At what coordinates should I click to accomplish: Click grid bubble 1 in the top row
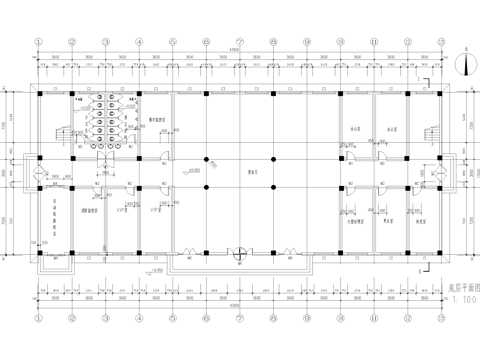(x=39, y=42)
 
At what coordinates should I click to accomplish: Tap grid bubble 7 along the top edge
(x=239, y=42)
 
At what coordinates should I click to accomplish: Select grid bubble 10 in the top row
(x=340, y=42)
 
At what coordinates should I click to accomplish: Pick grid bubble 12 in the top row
(x=407, y=42)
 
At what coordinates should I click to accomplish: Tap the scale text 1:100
(x=461, y=298)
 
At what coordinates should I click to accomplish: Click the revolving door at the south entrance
(x=239, y=254)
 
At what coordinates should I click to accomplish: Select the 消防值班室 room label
(x=87, y=213)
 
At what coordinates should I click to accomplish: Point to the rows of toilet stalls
(x=102, y=125)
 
